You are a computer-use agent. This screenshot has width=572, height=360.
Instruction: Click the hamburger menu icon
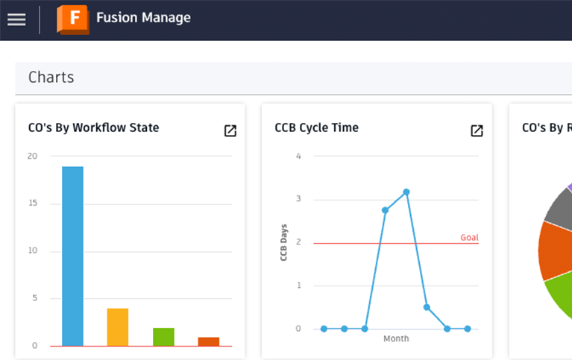(x=16, y=19)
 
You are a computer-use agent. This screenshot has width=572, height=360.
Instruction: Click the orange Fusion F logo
(x=72, y=19)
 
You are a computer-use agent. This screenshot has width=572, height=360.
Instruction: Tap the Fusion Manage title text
(x=143, y=18)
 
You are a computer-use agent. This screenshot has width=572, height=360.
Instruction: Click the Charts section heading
(x=51, y=78)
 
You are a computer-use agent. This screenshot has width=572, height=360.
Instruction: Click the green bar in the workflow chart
(x=163, y=336)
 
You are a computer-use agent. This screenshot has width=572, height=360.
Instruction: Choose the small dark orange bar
(x=209, y=341)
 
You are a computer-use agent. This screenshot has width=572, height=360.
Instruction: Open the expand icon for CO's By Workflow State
(x=230, y=131)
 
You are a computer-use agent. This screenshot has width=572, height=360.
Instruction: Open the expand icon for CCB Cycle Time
(x=477, y=131)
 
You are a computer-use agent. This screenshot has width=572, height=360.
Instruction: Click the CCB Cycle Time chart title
(x=316, y=127)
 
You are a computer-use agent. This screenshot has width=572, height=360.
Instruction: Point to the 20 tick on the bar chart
(x=32, y=156)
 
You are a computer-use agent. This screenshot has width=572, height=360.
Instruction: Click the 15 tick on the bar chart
(x=32, y=203)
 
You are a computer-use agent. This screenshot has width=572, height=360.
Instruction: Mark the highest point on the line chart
(x=406, y=192)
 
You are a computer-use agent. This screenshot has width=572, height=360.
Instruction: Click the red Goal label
(x=469, y=238)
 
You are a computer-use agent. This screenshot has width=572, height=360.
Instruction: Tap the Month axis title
(x=395, y=339)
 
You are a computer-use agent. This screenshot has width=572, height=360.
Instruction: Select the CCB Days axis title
(x=284, y=241)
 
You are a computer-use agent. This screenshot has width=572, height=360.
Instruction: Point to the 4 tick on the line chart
(x=298, y=156)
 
